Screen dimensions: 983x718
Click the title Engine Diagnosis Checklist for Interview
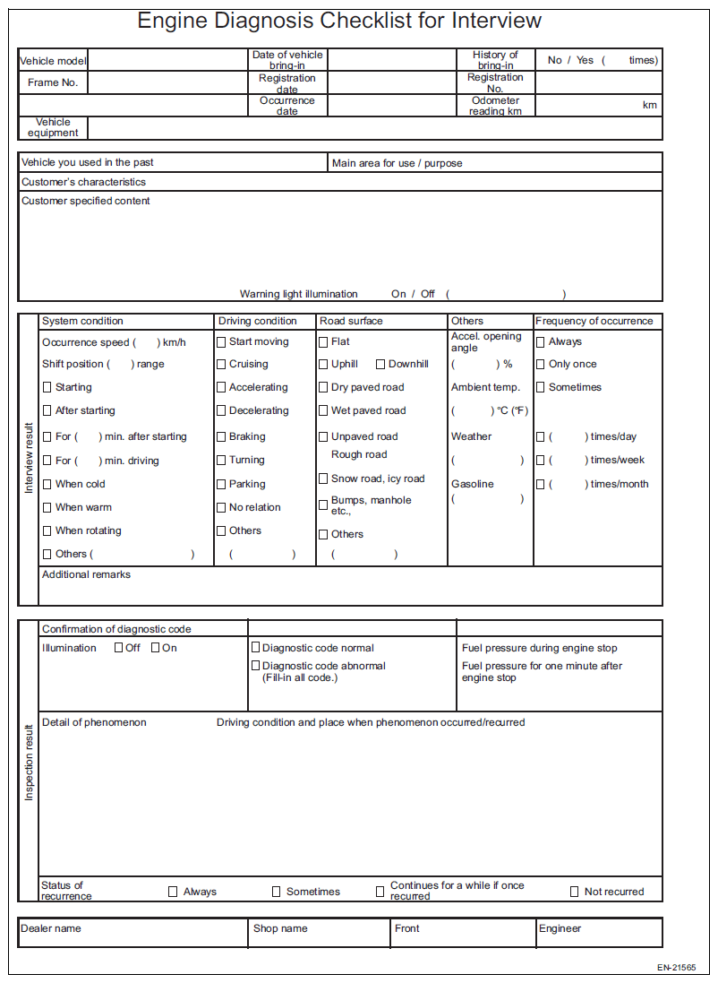click(x=339, y=21)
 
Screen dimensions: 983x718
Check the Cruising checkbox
click(x=221, y=365)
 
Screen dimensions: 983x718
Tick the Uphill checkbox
click(x=323, y=365)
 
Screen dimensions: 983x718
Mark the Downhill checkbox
click(x=380, y=365)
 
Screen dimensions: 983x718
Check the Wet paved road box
click(x=323, y=411)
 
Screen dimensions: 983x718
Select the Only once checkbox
click(x=540, y=365)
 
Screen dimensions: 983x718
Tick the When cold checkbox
click(x=47, y=485)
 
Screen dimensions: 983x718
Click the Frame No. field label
click(x=53, y=82)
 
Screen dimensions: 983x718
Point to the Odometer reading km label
click(x=495, y=106)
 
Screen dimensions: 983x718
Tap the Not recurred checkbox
click(x=575, y=892)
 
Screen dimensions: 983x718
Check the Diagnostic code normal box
click(x=255, y=648)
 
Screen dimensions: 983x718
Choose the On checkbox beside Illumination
click(x=155, y=648)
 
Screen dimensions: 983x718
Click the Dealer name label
click(x=51, y=928)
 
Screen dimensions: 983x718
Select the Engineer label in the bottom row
click(x=560, y=928)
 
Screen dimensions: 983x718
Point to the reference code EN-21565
click(x=676, y=968)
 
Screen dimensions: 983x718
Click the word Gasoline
click(x=472, y=484)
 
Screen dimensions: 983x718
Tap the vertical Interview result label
click(x=29, y=459)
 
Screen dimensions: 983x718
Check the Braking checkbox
click(x=221, y=437)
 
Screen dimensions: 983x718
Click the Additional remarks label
click(x=86, y=574)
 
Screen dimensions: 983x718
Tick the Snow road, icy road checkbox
click(x=323, y=479)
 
